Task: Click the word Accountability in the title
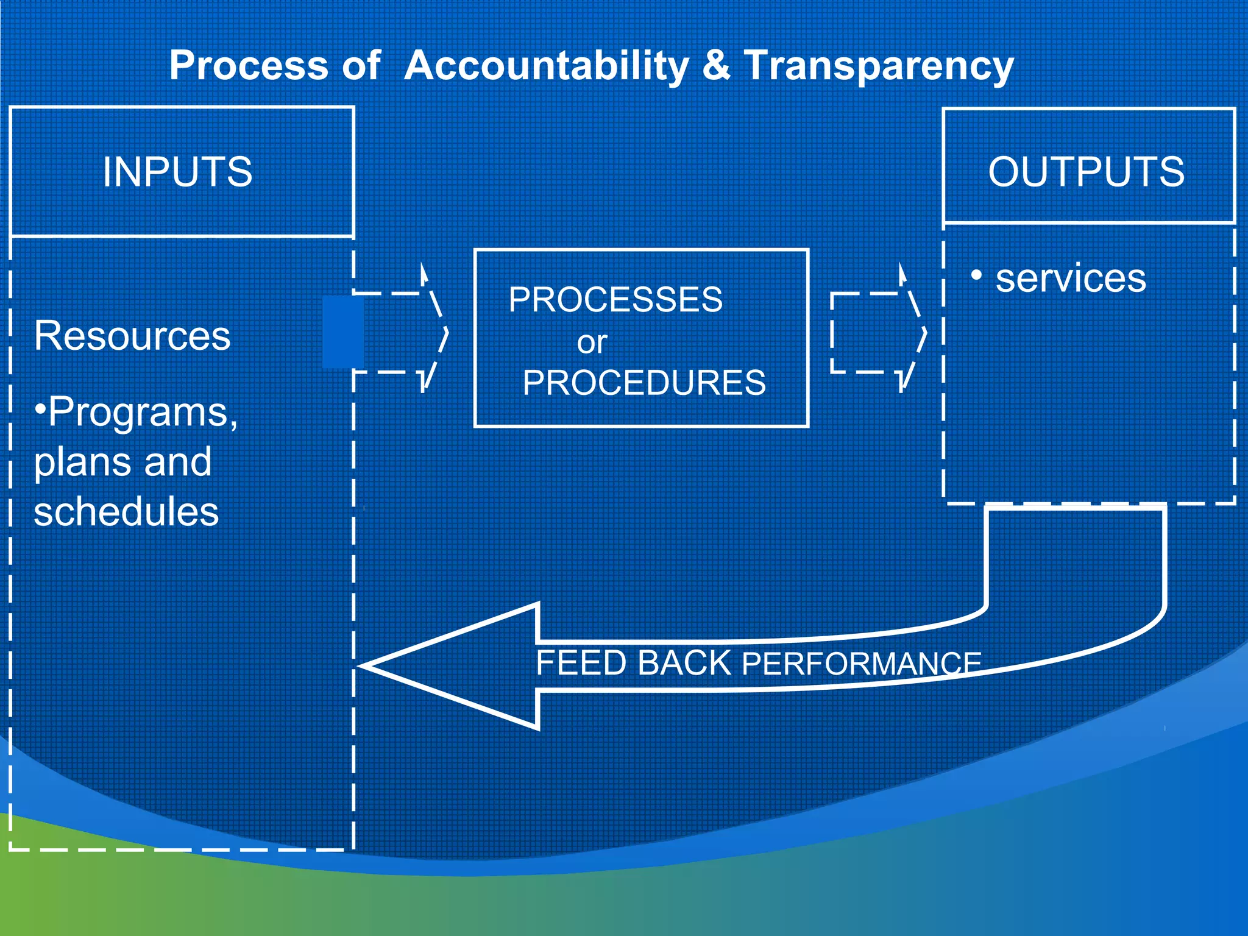tap(546, 66)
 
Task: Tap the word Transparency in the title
tap(879, 66)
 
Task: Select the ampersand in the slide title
tap(716, 66)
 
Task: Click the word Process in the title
tap(249, 66)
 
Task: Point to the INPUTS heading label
tap(177, 172)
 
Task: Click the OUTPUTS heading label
tap(1087, 172)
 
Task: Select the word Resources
tap(132, 336)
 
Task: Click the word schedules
tap(126, 511)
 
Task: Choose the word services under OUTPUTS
tap(1071, 278)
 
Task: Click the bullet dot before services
tap(977, 275)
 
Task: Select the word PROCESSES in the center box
tap(615, 300)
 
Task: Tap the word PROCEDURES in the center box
tap(644, 383)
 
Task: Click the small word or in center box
tap(592, 342)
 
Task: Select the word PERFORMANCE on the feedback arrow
tap(862, 664)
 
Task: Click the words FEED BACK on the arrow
tap(633, 663)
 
